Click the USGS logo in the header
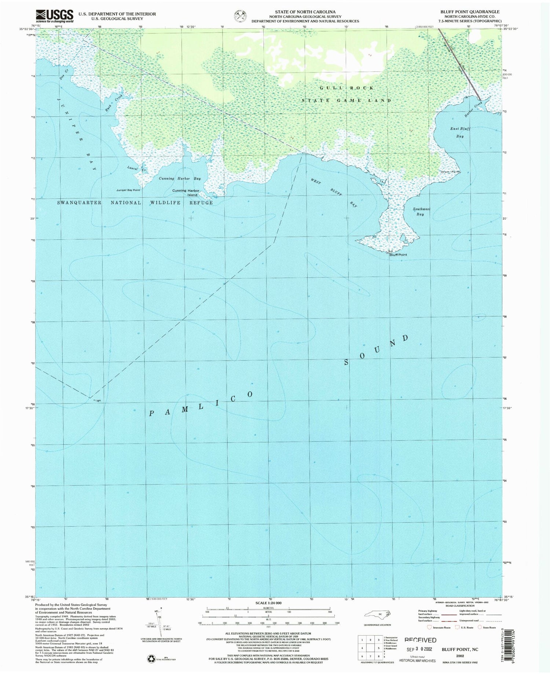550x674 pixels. pyautogui.click(x=54, y=16)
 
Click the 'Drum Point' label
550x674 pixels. pyautogui.click(x=450, y=172)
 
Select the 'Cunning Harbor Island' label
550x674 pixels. pyautogui.click(x=186, y=193)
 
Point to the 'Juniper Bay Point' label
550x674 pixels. pyautogui.click(x=128, y=190)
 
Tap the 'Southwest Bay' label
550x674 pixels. pyautogui.click(x=421, y=211)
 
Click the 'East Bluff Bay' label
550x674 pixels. pyautogui.click(x=460, y=132)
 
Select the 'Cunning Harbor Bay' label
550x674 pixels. pyautogui.click(x=180, y=178)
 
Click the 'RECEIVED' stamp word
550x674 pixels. pyautogui.click(x=420, y=640)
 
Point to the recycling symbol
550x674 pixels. pyautogui.click(x=151, y=659)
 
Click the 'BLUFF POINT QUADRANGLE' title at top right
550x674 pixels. pyautogui.click(x=470, y=12)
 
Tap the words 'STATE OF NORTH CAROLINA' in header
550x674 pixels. pyautogui.click(x=305, y=12)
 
